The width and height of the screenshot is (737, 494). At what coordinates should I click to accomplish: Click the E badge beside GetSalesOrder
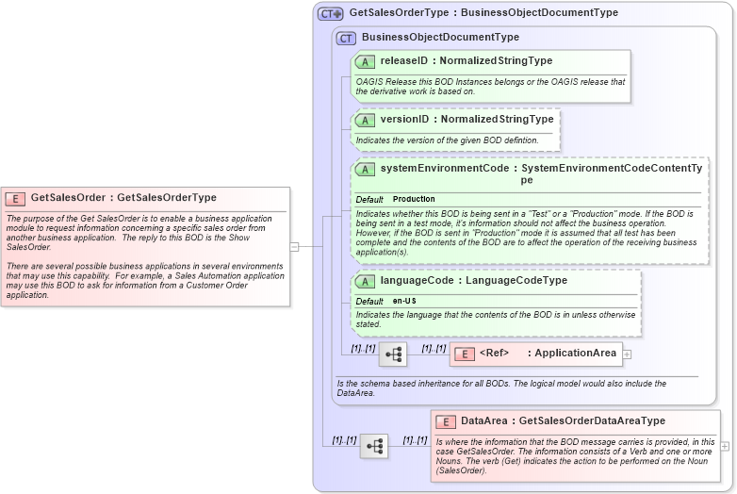point(16,198)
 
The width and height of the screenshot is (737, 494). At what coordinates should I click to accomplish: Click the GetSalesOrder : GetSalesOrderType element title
point(123,198)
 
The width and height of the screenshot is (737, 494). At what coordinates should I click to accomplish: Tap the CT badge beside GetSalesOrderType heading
point(330,13)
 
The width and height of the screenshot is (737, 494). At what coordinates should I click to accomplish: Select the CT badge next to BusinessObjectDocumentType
point(346,38)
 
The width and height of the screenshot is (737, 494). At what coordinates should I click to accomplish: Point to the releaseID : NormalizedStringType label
point(466,61)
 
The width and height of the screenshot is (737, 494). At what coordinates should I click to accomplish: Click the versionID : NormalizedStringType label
point(467,120)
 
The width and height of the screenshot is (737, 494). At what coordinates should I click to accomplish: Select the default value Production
point(414,200)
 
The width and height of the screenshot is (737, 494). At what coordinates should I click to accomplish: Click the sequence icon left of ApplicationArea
point(393,354)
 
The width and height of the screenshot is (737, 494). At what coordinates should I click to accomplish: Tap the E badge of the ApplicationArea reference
point(465,354)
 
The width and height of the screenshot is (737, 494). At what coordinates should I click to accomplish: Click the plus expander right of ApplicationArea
point(627,354)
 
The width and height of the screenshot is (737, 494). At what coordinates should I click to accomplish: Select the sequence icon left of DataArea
point(374,446)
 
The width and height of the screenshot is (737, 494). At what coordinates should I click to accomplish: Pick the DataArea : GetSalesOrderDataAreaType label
point(563,421)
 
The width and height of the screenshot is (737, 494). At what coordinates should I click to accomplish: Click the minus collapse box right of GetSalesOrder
point(294,247)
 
